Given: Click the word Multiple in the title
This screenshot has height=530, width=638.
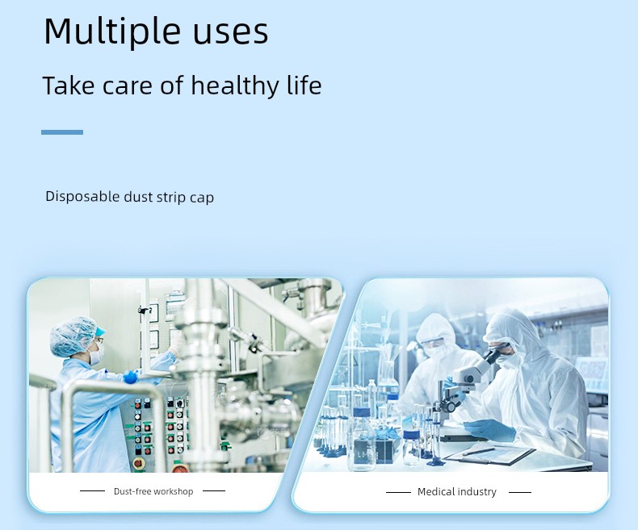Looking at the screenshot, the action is click(x=112, y=31).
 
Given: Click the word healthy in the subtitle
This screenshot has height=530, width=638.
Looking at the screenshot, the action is click(x=235, y=86).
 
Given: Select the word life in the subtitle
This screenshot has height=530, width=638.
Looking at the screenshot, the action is click(x=304, y=85).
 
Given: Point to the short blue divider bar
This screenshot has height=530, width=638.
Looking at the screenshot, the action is click(x=62, y=132).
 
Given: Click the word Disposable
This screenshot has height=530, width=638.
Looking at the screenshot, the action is click(x=82, y=197).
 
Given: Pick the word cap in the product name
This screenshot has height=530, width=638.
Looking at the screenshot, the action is click(x=202, y=198).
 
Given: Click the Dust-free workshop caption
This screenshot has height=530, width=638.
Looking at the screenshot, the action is click(x=153, y=491).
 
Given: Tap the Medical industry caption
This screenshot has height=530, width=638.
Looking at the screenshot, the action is click(x=457, y=492).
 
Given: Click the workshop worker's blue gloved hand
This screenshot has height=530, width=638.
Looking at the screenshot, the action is click(x=130, y=377).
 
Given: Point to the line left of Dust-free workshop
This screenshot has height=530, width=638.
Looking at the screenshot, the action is click(x=92, y=491).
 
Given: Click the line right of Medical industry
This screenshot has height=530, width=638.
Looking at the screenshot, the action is click(x=520, y=492).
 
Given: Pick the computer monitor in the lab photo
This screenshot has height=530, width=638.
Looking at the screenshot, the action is click(x=591, y=374).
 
